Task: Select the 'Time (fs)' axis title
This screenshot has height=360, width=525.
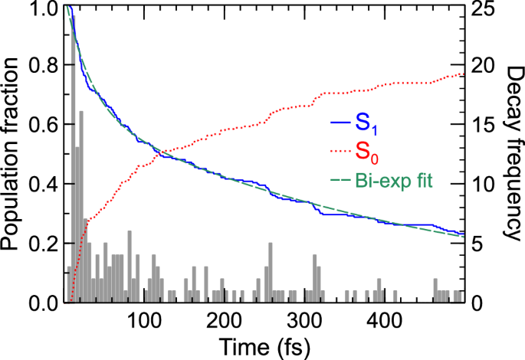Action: tap(264, 346)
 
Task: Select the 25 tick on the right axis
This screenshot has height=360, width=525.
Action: tap(484, 8)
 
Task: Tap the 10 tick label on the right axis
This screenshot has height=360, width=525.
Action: tap(484, 185)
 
